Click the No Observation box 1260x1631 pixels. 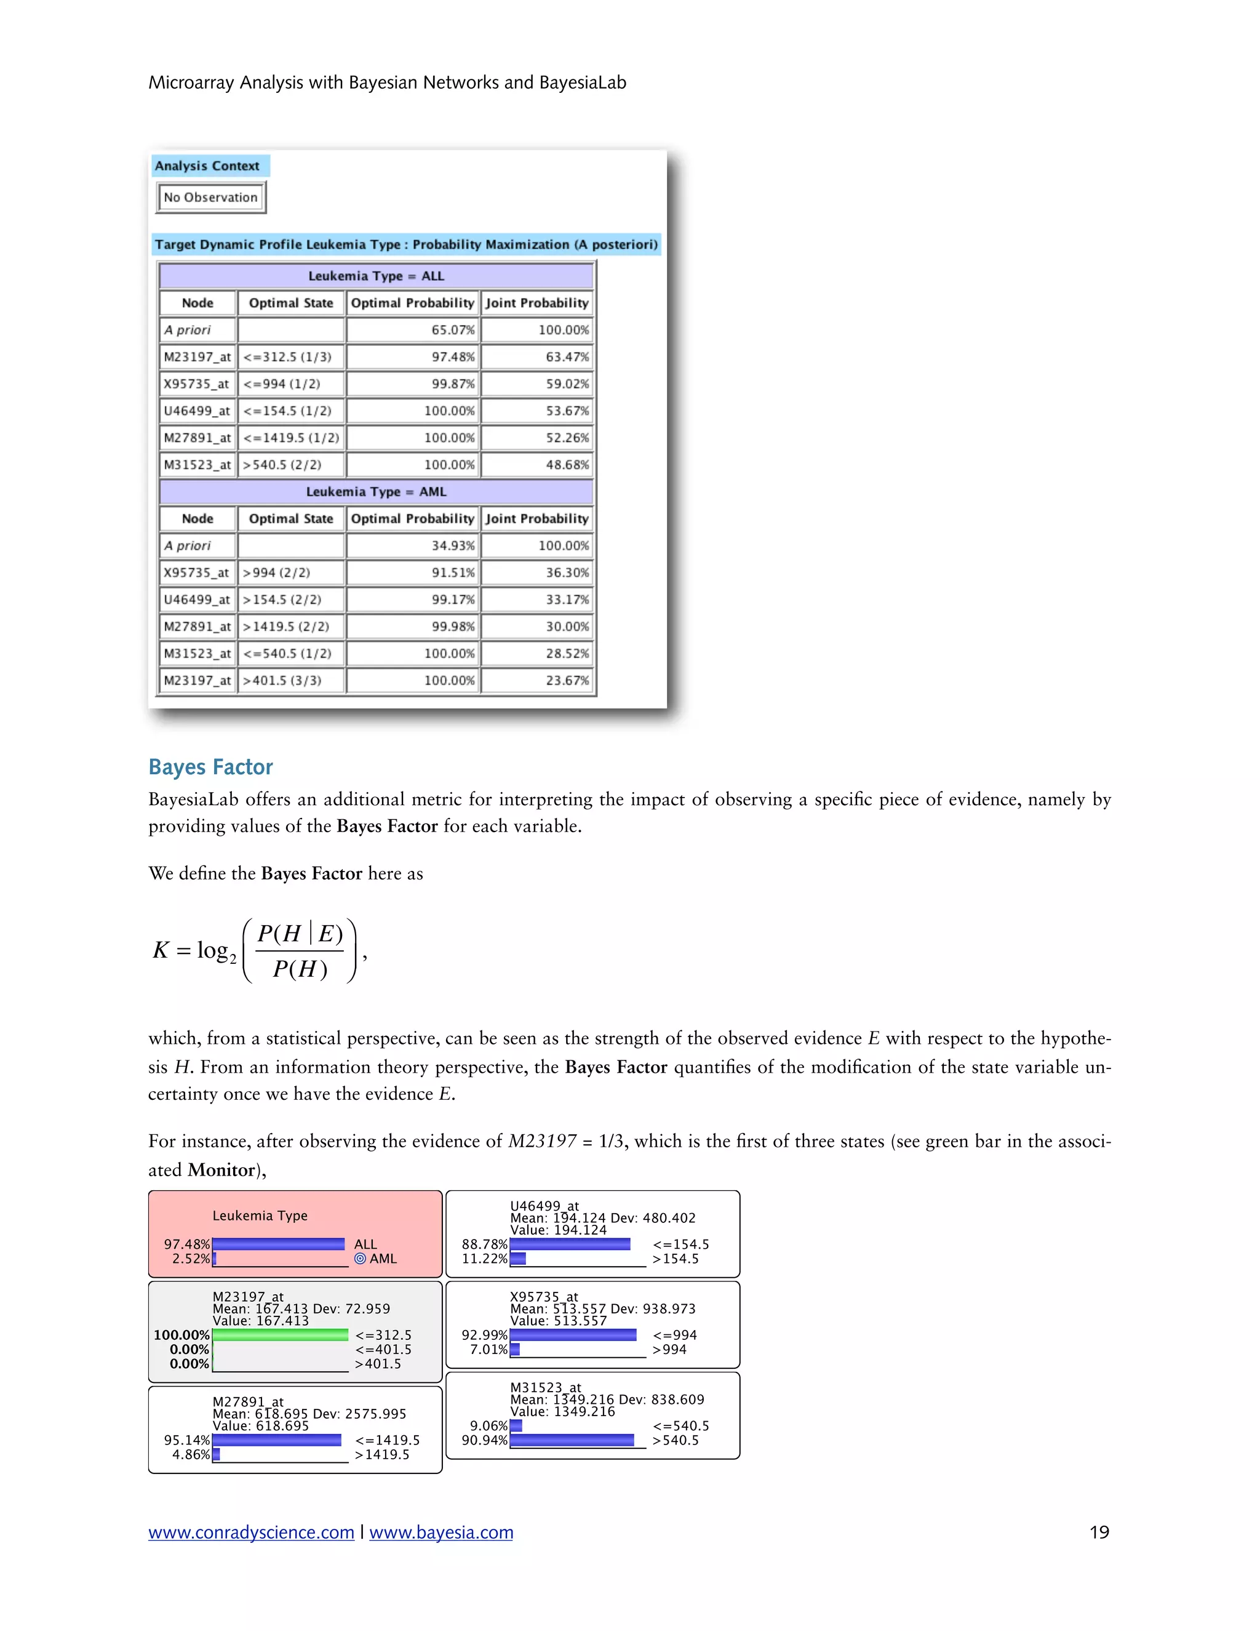pyautogui.click(x=210, y=197)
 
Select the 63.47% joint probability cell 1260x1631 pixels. pyautogui.click(x=538, y=357)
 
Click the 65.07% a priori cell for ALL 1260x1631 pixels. pyautogui.click(x=413, y=330)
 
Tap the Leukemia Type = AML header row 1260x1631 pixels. pyautogui.click(x=376, y=491)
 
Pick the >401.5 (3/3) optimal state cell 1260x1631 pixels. pyautogui.click(x=291, y=680)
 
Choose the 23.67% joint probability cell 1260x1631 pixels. pyautogui.click(x=538, y=680)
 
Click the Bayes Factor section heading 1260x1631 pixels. pyautogui.click(x=210, y=767)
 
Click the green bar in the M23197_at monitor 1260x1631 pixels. pyautogui.click(x=280, y=1334)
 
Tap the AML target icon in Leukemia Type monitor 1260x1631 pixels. pyautogui.click(x=360, y=1259)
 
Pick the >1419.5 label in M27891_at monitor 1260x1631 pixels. pyautogui.click(x=382, y=1454)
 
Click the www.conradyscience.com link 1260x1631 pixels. pyautogui.click(x=251, y=1533)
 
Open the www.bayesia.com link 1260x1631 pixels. pyautogui.click(x=441, y=1533)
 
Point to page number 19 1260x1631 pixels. pyautogui.click(x=1099, y=1533)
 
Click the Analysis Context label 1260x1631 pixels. pyautogui.click(x=207, y=166)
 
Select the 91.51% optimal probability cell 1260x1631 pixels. pyautogui.click(x=413, y=573)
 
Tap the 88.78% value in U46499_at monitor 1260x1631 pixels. pyautogui.click(x=484, y=1244)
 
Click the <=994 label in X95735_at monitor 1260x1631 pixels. pyautogui.click(x=675, y=1334)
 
